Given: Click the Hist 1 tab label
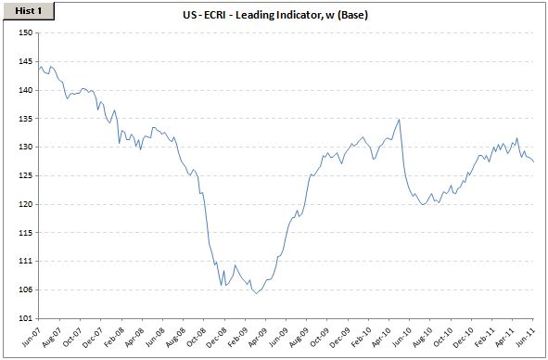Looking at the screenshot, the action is pos(29,11).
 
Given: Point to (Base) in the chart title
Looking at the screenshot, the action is pos(352,15).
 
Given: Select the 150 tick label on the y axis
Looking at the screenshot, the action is pos(26,32).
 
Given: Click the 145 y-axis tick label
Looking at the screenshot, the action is pos(26,62).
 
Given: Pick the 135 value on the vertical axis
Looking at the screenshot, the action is pos(26,119).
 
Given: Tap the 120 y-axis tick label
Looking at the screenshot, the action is pos(26,204).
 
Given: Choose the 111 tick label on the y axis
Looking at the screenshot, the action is pos(26,261).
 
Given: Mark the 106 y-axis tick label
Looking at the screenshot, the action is pos(26,289).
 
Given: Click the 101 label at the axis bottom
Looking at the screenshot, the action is pos(26,318).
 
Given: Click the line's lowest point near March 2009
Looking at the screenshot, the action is pos(256,293).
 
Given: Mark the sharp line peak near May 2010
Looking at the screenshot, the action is pos(399,120).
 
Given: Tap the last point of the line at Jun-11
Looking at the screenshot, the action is pos(533,161).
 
